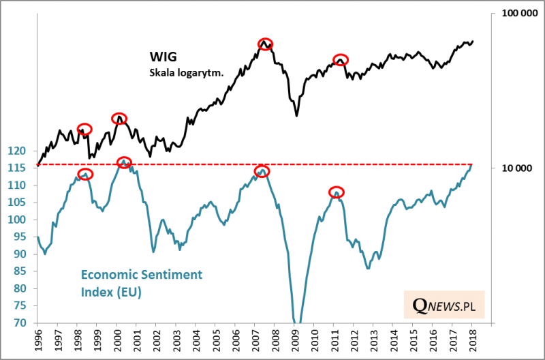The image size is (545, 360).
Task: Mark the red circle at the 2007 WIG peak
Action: click(266, 44)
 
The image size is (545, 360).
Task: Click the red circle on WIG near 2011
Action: click(341, 60)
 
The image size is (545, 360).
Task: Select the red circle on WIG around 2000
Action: click(119, 118)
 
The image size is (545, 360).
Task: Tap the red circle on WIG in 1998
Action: click(84, 129)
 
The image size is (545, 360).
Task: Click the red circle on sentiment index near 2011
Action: click(337, 192)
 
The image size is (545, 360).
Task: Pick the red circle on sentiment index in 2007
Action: click(262, 170)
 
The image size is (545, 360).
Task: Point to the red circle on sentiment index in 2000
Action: click(124, 162)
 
